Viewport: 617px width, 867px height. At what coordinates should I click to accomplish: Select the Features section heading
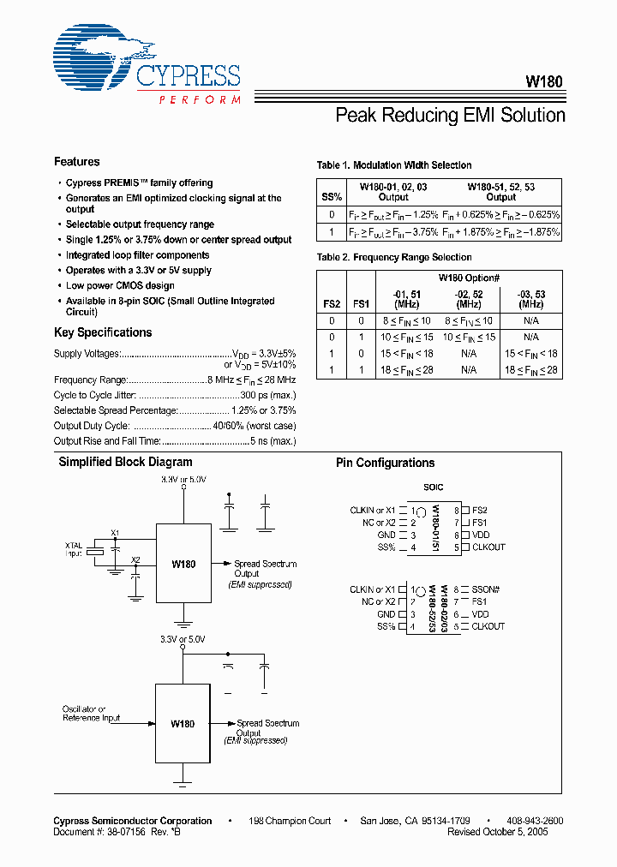coord(76,162)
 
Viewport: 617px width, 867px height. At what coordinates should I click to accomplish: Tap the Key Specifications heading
coord(103,332)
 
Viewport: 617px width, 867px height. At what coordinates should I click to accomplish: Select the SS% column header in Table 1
coord(331,197)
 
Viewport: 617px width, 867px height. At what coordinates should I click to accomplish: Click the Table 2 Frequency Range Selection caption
coord(394,257)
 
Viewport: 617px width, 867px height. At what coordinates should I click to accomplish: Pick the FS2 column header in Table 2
coord(331,303)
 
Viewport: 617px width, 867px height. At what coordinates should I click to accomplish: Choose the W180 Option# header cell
coord(469,278)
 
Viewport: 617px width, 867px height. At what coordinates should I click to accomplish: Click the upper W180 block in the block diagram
coord(183,564)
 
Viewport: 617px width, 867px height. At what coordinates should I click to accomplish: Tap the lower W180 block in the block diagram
coord(183,723)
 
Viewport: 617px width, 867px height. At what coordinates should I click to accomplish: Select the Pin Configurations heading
coord(385,463)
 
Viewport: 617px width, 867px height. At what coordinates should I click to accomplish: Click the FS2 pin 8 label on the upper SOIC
coord(480,511)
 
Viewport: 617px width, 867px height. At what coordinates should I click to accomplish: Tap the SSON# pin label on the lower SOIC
coord(485,590)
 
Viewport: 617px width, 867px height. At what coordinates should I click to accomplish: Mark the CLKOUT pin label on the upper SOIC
coord(488,547)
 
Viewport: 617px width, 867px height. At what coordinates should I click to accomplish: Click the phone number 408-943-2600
coord(535,821)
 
